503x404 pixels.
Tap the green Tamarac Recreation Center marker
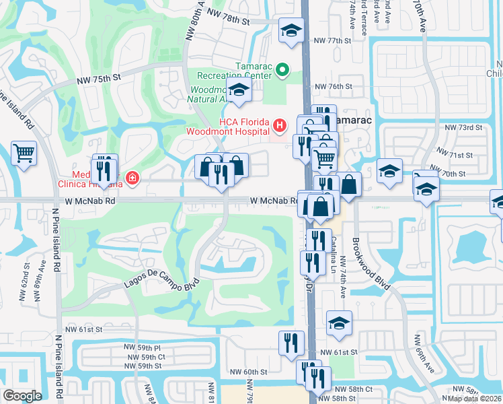pos(283,69)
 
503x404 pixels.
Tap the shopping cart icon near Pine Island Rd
pos(24,153)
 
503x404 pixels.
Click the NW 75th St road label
pos(98,79)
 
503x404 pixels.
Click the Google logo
pos(22,396)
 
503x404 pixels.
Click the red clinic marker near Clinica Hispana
pos(132,178)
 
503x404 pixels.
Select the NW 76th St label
pos(334,87)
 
